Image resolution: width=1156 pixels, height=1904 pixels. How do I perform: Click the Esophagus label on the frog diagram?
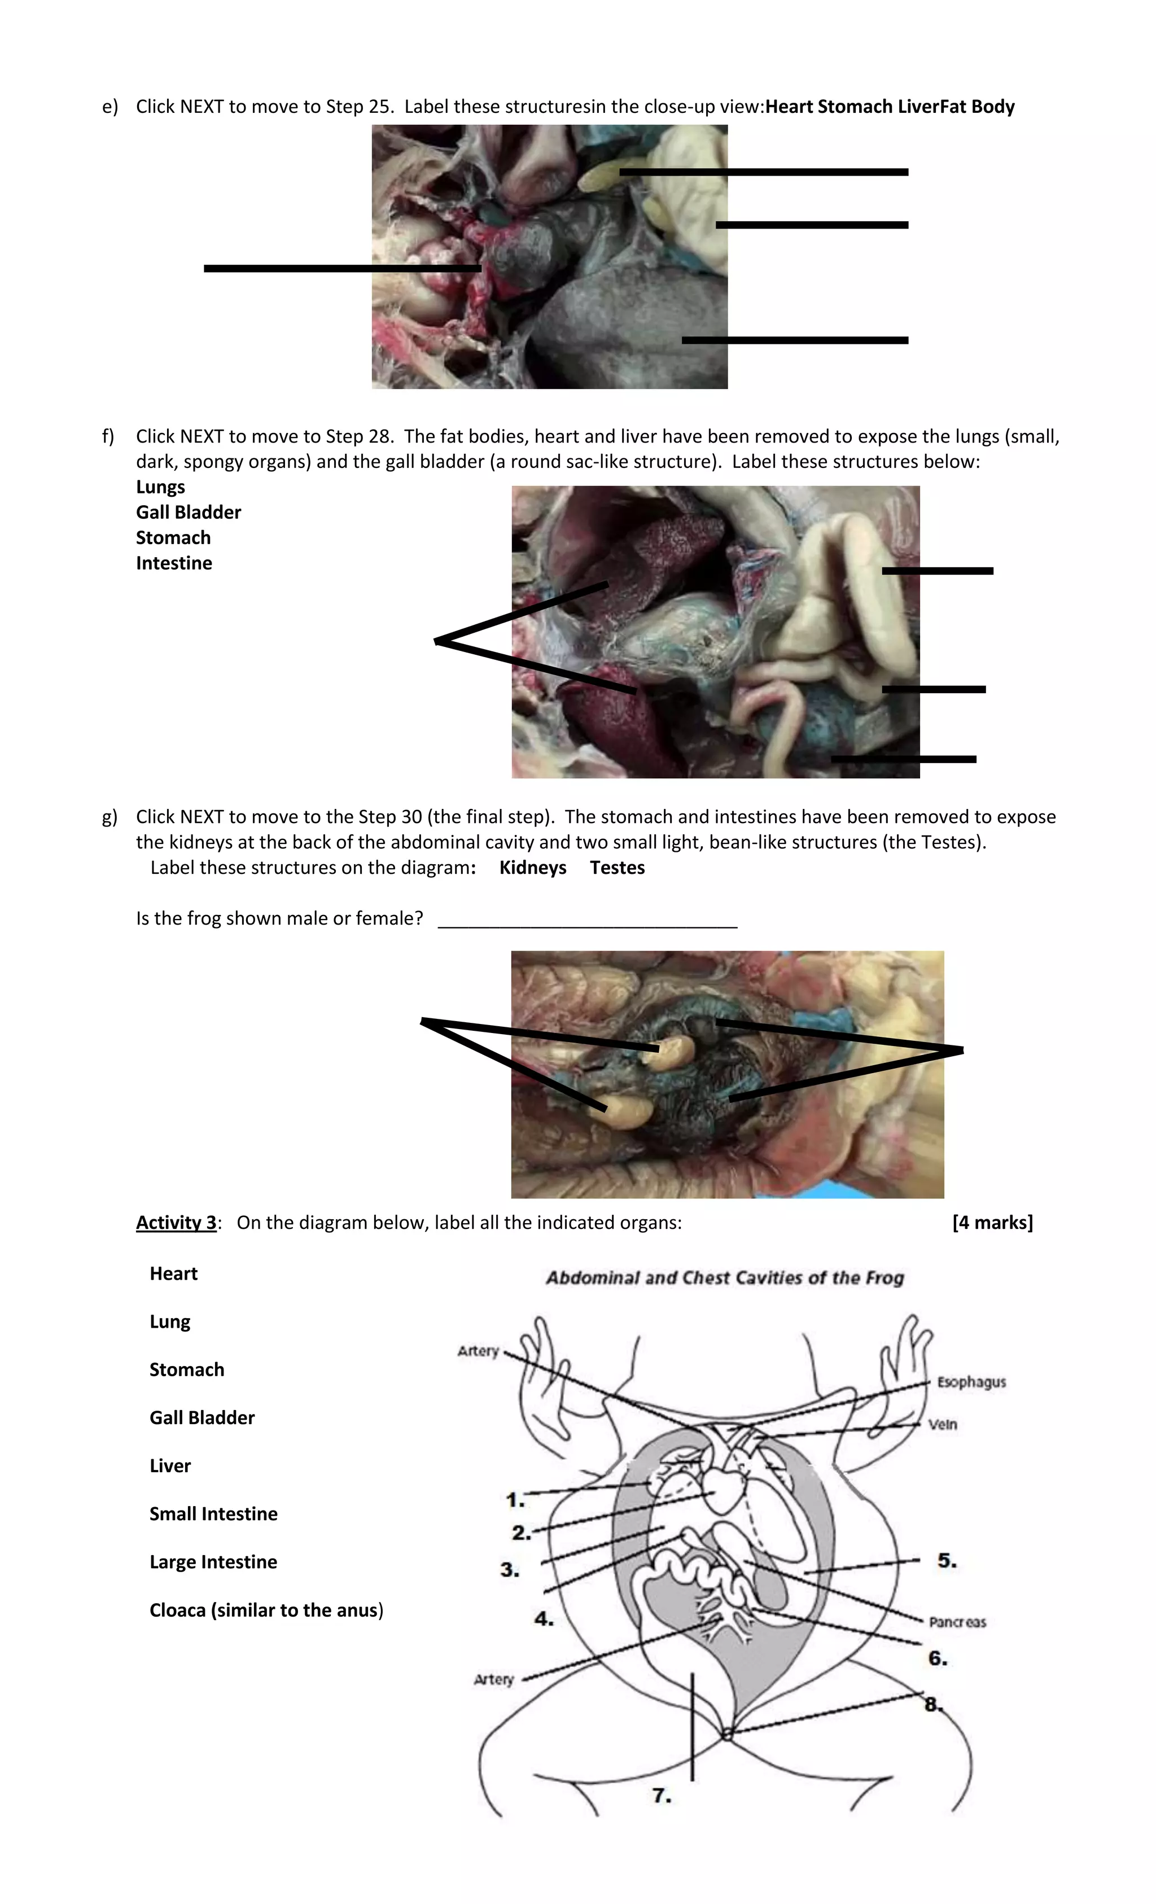point(970,1382)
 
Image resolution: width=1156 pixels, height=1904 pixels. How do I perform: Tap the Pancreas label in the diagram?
point(957,1622)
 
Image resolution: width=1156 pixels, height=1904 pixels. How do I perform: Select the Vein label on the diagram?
point(942,1424)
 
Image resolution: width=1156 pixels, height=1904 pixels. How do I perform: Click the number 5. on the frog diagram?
point(947,1560)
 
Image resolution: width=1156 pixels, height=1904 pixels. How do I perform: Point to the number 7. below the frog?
point(662,1795)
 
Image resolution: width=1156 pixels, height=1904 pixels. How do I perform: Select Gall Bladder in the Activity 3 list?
point(202,1418)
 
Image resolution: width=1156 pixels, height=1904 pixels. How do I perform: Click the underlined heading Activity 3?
point(176,1223)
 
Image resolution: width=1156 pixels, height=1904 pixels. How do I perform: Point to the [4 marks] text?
point(992,1223)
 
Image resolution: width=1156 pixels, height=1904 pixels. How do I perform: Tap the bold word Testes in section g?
point(616,868)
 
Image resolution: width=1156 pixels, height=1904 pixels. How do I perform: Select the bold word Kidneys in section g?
point(532,868)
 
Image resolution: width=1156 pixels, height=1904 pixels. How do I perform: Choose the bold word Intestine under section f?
point(174,563)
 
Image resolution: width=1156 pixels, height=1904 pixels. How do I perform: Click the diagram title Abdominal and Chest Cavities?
point(724,1278)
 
